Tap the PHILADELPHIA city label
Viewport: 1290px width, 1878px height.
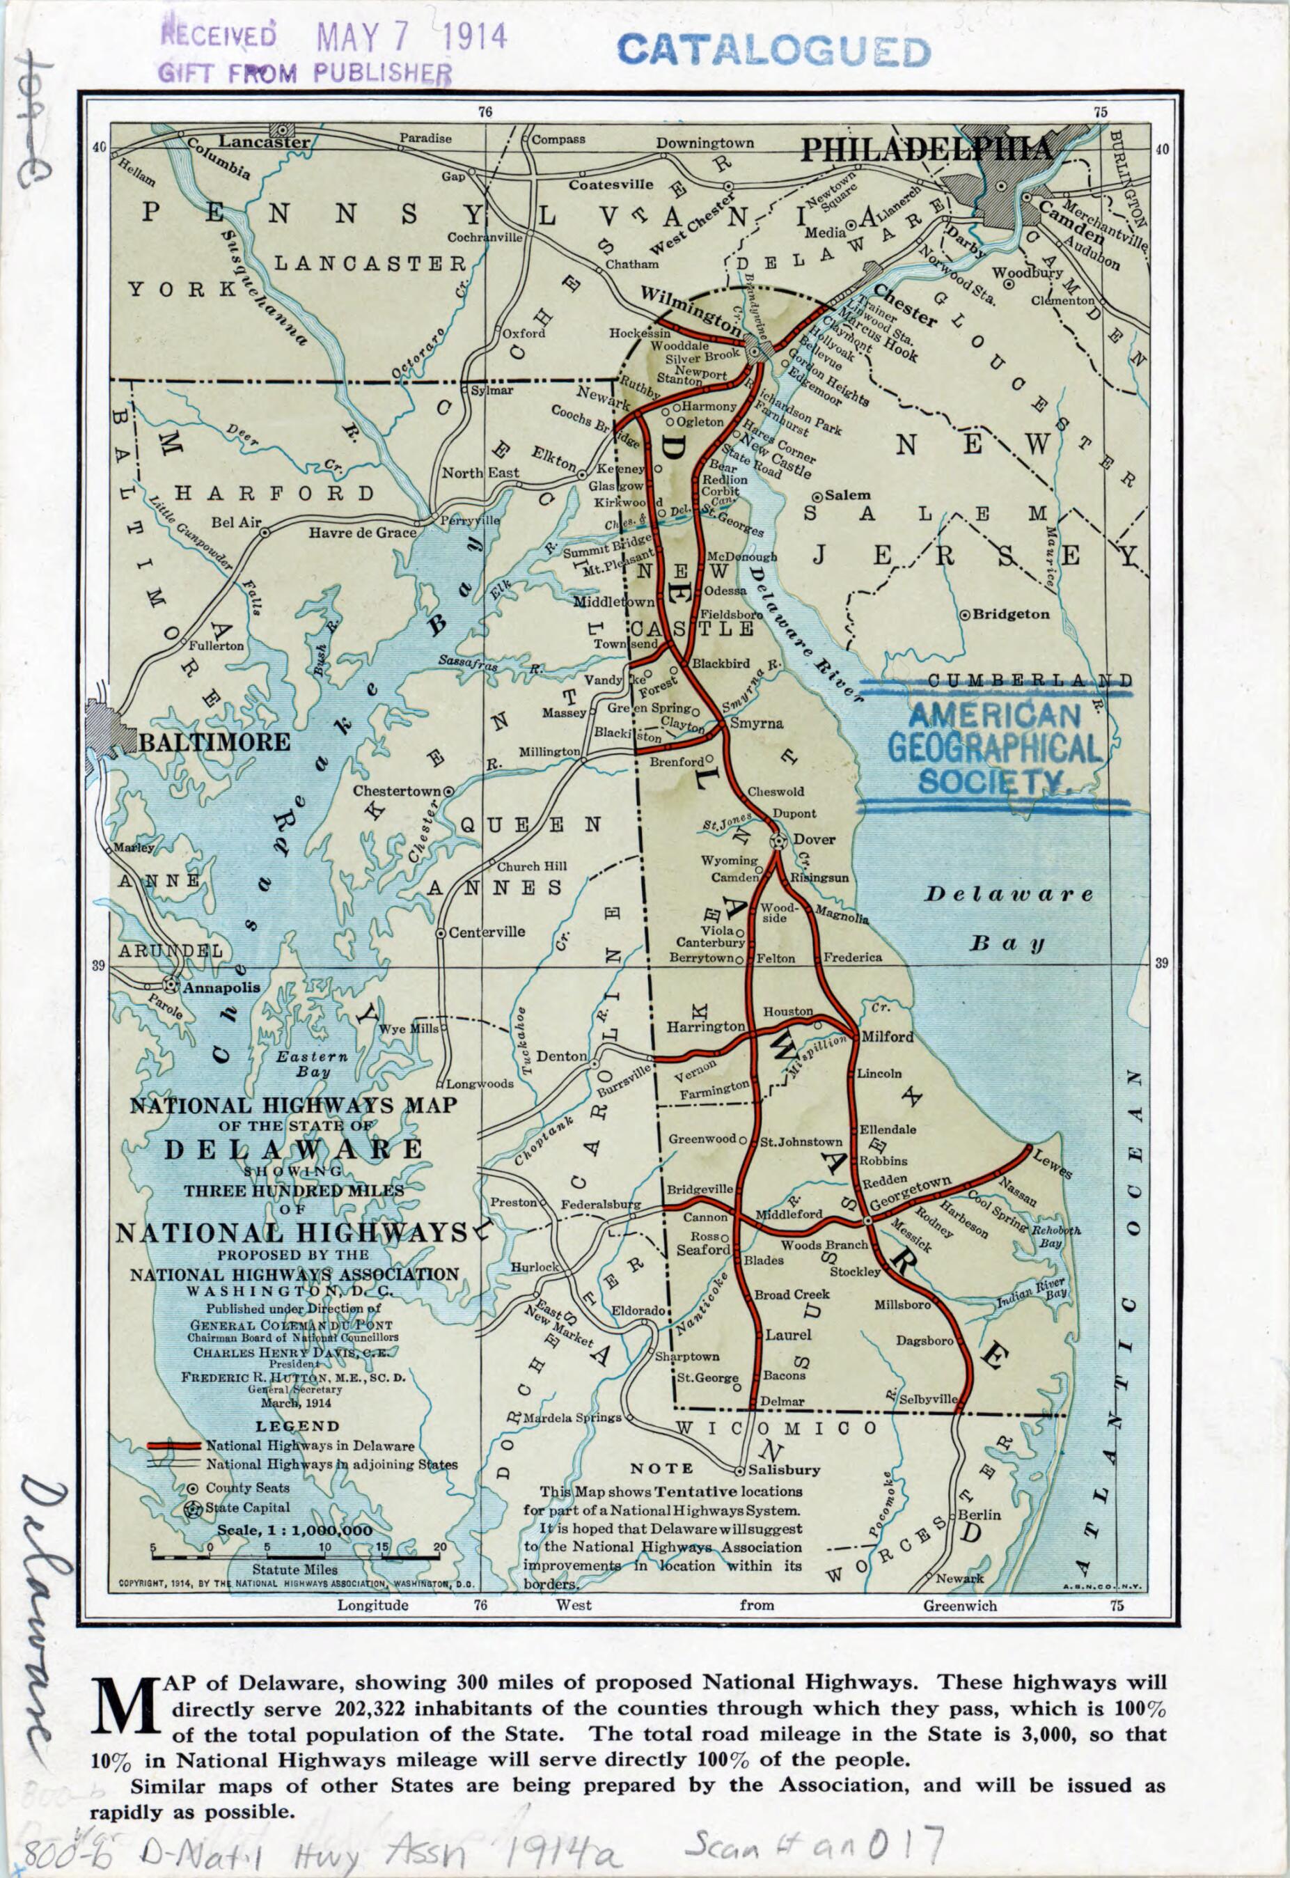[927, 150]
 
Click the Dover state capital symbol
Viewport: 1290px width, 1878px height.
[778, 840]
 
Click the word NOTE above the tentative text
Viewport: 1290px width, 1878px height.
[661, 1467]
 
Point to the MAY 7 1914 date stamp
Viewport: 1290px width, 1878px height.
[412, 36]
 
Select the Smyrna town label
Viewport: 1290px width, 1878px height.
[756, 723]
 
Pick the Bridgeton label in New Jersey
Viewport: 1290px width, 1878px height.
[1010, 614]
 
